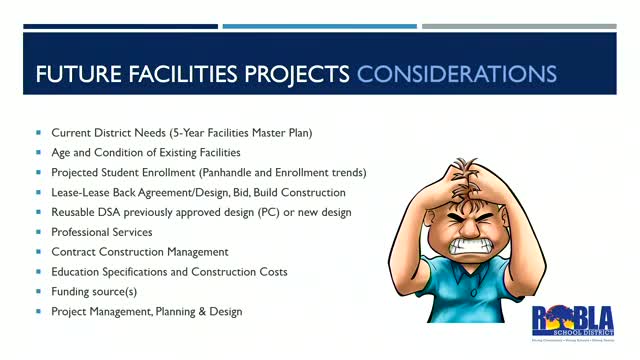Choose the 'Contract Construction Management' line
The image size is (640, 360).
click(x=140, y=251)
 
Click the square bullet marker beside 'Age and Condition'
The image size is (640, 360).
click(x=39, y=152)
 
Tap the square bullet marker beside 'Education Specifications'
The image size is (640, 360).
click(x=39, y=271)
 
